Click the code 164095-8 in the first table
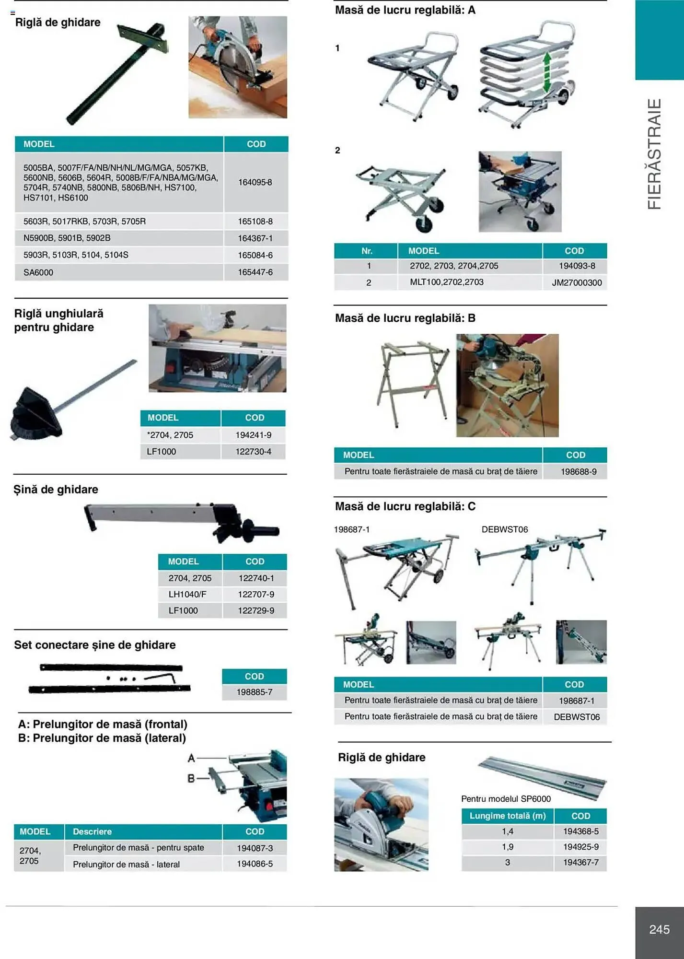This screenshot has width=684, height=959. tap(255, 182)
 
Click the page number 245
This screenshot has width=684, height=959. tap(659, 929)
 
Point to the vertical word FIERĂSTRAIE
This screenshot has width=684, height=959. tap(654, 153)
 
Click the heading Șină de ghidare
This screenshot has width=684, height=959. tap(56, 490)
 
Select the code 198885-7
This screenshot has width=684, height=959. tap(254, 692)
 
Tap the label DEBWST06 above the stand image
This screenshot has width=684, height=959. tap(504, 529)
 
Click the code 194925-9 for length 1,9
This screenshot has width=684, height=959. tap(580, 847)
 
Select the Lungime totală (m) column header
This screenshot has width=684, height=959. tap(507, 816)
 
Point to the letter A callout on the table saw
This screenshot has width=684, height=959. tap(191, 758)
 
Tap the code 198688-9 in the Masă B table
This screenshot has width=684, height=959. tap(578, 471)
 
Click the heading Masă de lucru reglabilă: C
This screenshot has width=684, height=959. tap(405, 506)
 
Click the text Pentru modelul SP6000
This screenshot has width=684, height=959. tap(505, 798)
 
